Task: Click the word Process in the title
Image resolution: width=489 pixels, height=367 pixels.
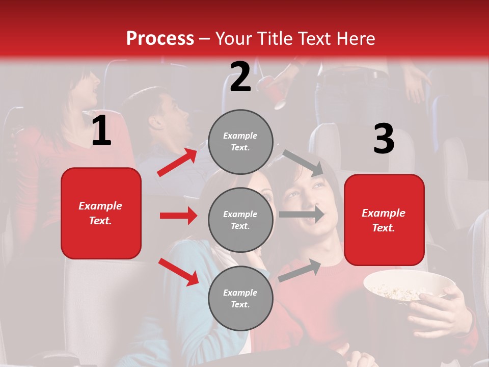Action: (160, 39)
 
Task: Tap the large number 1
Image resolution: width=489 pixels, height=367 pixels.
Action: (101, 130)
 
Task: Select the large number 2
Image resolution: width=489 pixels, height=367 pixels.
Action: (240, 77)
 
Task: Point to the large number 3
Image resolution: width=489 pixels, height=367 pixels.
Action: (384, 139)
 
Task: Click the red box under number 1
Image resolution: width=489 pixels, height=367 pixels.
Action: (101, 213)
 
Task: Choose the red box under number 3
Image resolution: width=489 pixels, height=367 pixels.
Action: (384, 220)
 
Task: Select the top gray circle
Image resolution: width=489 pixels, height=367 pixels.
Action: (240, 141)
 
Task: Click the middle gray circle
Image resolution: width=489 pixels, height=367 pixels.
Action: (240, 220)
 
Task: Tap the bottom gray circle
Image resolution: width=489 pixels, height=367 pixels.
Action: (240, 298)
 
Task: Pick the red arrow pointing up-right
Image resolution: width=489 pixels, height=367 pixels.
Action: (177, 163)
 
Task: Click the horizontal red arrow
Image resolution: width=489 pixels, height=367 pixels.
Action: (178, 216)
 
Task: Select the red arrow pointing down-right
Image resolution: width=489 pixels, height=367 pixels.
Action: (178, 272)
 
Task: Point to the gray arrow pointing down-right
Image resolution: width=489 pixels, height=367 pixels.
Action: (303, 163)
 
